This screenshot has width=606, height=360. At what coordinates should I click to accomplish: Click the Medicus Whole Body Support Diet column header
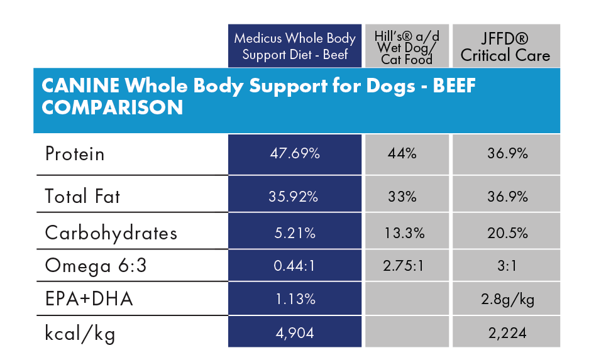(295, 46)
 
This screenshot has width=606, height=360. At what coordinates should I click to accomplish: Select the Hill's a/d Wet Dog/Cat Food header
(407, 46)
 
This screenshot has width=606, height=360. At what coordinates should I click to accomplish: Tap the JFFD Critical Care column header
(505, 46)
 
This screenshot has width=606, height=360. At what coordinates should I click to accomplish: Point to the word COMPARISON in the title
(113, 107)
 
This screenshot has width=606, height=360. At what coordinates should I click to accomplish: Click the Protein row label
(75, 154)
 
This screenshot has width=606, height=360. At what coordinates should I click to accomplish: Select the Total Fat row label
(82, 196)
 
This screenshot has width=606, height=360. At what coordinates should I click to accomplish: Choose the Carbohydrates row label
(111, 233)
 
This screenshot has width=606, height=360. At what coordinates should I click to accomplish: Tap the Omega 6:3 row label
(96, 266)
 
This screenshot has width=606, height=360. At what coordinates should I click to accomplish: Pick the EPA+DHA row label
(89, 299)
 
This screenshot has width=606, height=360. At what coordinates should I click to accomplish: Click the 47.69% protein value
(294, 154)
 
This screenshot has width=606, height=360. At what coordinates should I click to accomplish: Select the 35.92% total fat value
(294, 196)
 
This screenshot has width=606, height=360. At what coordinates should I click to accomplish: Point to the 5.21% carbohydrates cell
(294, 233)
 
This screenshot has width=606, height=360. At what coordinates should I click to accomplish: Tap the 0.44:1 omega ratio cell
(294, 266)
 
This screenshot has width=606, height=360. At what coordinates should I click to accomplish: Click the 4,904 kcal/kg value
(294, 332)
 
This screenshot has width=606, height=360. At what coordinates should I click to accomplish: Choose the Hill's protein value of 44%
(407, 154)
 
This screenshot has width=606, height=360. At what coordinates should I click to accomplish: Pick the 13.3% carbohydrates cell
(407, 233)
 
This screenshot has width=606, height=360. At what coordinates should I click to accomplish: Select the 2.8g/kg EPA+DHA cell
(506, 299)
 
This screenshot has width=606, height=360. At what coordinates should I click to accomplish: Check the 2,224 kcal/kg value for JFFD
(506, 332)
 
